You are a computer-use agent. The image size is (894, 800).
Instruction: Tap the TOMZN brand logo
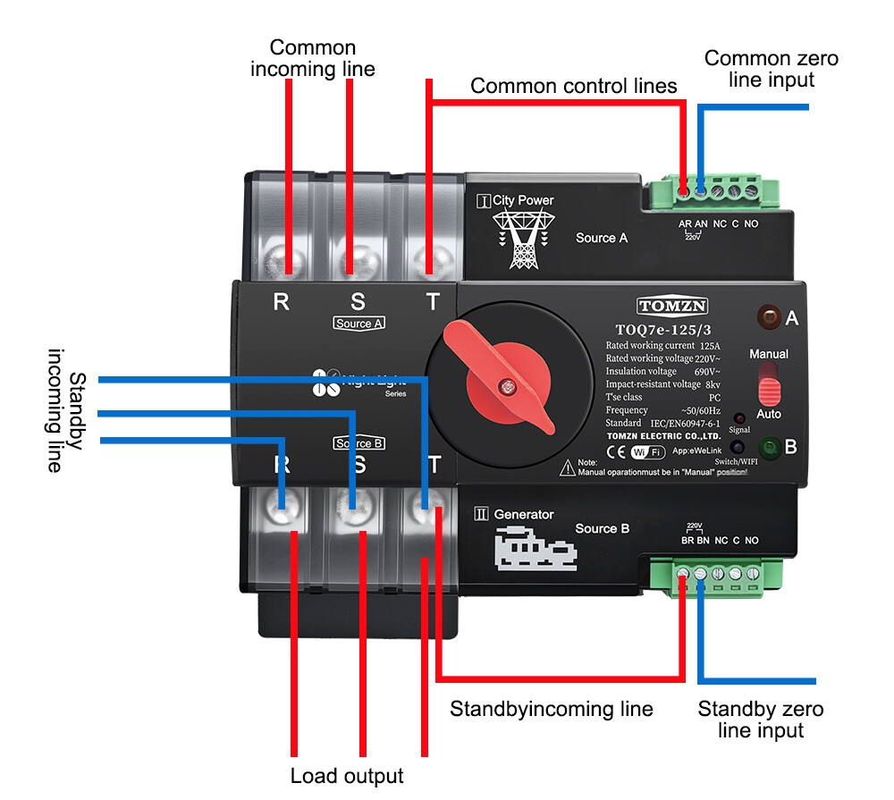coord(672,306)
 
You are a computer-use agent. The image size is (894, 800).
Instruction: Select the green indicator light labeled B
coord(769,446)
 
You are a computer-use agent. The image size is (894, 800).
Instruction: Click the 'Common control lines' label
coord(573,87)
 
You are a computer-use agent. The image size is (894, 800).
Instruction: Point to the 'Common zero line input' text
coord(772,69)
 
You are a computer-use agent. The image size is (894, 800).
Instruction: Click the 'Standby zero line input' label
coord(761,720)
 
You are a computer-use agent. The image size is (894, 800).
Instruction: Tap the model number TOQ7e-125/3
coord(663,328)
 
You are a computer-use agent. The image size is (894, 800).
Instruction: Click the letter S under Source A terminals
coord(358,301)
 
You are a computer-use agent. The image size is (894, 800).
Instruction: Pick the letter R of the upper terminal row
coord(281,301)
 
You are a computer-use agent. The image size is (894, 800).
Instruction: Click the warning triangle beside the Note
coord(567,467)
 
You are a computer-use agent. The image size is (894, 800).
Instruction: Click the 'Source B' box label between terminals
coord(358,443)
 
